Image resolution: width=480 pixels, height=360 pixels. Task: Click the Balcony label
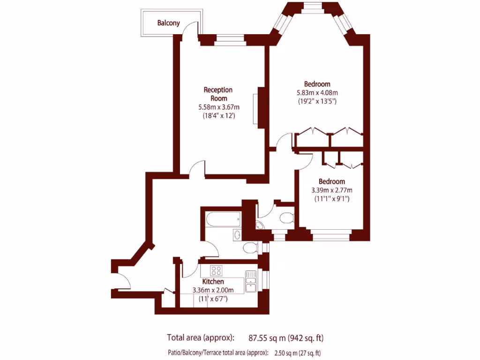pos(168,22)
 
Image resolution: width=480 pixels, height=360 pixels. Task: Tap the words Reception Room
pos(218,94)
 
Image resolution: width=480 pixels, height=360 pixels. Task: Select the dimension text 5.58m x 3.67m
pos(218,107)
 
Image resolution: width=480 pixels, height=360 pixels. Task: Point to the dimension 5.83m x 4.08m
pos(317,92)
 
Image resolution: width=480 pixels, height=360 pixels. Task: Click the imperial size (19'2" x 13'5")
pos(317,100)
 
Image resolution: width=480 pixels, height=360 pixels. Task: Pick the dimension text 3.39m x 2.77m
pos(332,190)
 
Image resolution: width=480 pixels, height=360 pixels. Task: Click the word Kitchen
pos(213,282)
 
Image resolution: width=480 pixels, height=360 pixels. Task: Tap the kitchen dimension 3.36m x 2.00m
pos(213,290)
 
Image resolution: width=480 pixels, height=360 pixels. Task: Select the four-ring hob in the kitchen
pos(216,270)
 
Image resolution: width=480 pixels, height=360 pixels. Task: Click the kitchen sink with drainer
pos(251,281)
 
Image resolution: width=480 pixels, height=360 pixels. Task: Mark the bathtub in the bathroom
pos(223,218)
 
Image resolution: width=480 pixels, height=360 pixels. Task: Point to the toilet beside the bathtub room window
pos(249,247)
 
